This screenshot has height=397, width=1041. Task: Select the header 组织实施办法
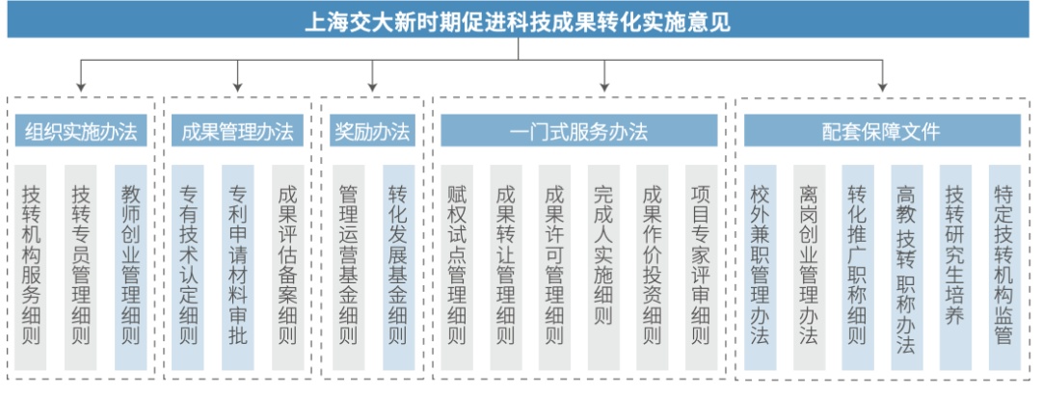click(x=80, y=131)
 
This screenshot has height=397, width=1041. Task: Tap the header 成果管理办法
click(x=237, y=131)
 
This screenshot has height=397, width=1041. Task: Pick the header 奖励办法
click(x=372, y=131)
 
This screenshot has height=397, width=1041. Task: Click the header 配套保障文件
click(x=881, y=131)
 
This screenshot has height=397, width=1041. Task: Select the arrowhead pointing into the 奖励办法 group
click(x=372, y=88)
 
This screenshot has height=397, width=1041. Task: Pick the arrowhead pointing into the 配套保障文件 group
click(x=881, y=88)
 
